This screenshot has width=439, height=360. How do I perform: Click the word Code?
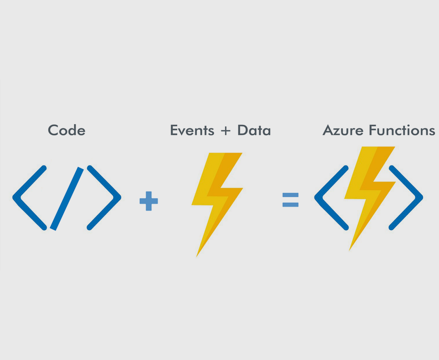66,130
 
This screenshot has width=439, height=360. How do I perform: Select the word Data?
254,130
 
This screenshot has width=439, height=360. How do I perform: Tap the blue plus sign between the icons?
149,201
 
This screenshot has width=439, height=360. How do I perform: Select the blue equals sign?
290,200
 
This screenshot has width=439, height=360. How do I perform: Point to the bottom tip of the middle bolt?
197,255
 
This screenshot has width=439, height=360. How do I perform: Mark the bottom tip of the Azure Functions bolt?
350,249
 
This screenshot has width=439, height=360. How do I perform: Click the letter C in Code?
53,130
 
